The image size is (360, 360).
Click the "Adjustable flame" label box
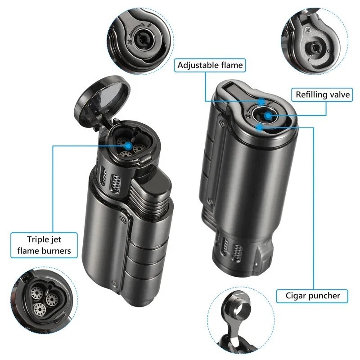pos(210,65)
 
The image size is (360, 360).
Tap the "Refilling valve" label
pos(322,94)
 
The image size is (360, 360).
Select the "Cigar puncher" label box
pos(312,296)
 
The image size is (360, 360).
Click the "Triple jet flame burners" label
pos(44,245)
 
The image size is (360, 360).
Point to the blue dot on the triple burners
pos(129,145)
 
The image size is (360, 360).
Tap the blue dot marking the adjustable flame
pos(261,101)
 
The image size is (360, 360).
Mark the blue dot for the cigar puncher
pos(260,127)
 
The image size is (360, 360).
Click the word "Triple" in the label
pos(38,239)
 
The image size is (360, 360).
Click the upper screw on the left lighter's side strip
pos(122,219)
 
